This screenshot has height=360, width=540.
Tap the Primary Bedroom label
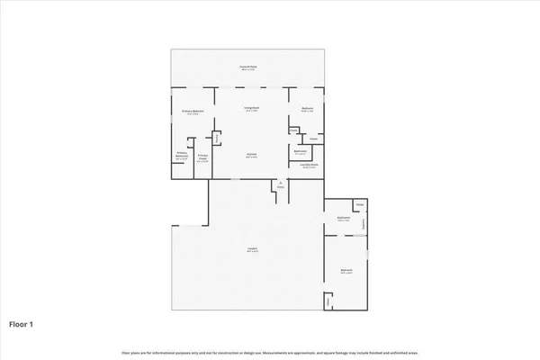pyautogui.click(x=193, y=111)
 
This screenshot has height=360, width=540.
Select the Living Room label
pyautogui.click(x=253, y=108)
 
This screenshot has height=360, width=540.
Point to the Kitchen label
pyautogui.click(x=253, y=153)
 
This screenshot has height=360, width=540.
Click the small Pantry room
pyautogui.click(x=217, y=138)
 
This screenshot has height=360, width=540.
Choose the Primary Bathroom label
pyautogui.click(x=181, y=154)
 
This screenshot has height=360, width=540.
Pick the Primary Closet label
pyautogui.click(x=203, y=157)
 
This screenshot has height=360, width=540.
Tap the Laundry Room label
pyautogui.click(x=308, y=166)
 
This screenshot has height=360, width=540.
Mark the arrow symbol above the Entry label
pyautogui.click(x=280, y=182)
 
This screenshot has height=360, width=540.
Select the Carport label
pyautogui.click(x=253, y=248)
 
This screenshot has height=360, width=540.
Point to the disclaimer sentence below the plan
pyautogui.click(x=269, y=351)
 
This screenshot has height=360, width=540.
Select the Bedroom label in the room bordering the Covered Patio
pyautogui.click(x=307, y=110)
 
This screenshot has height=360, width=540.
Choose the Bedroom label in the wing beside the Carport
pyautogui.click(x=346, y=269)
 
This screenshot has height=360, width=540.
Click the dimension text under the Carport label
pyautogui.click(x=253, y=252)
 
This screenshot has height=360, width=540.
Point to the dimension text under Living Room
pyautogui.click(x=253, y=112)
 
